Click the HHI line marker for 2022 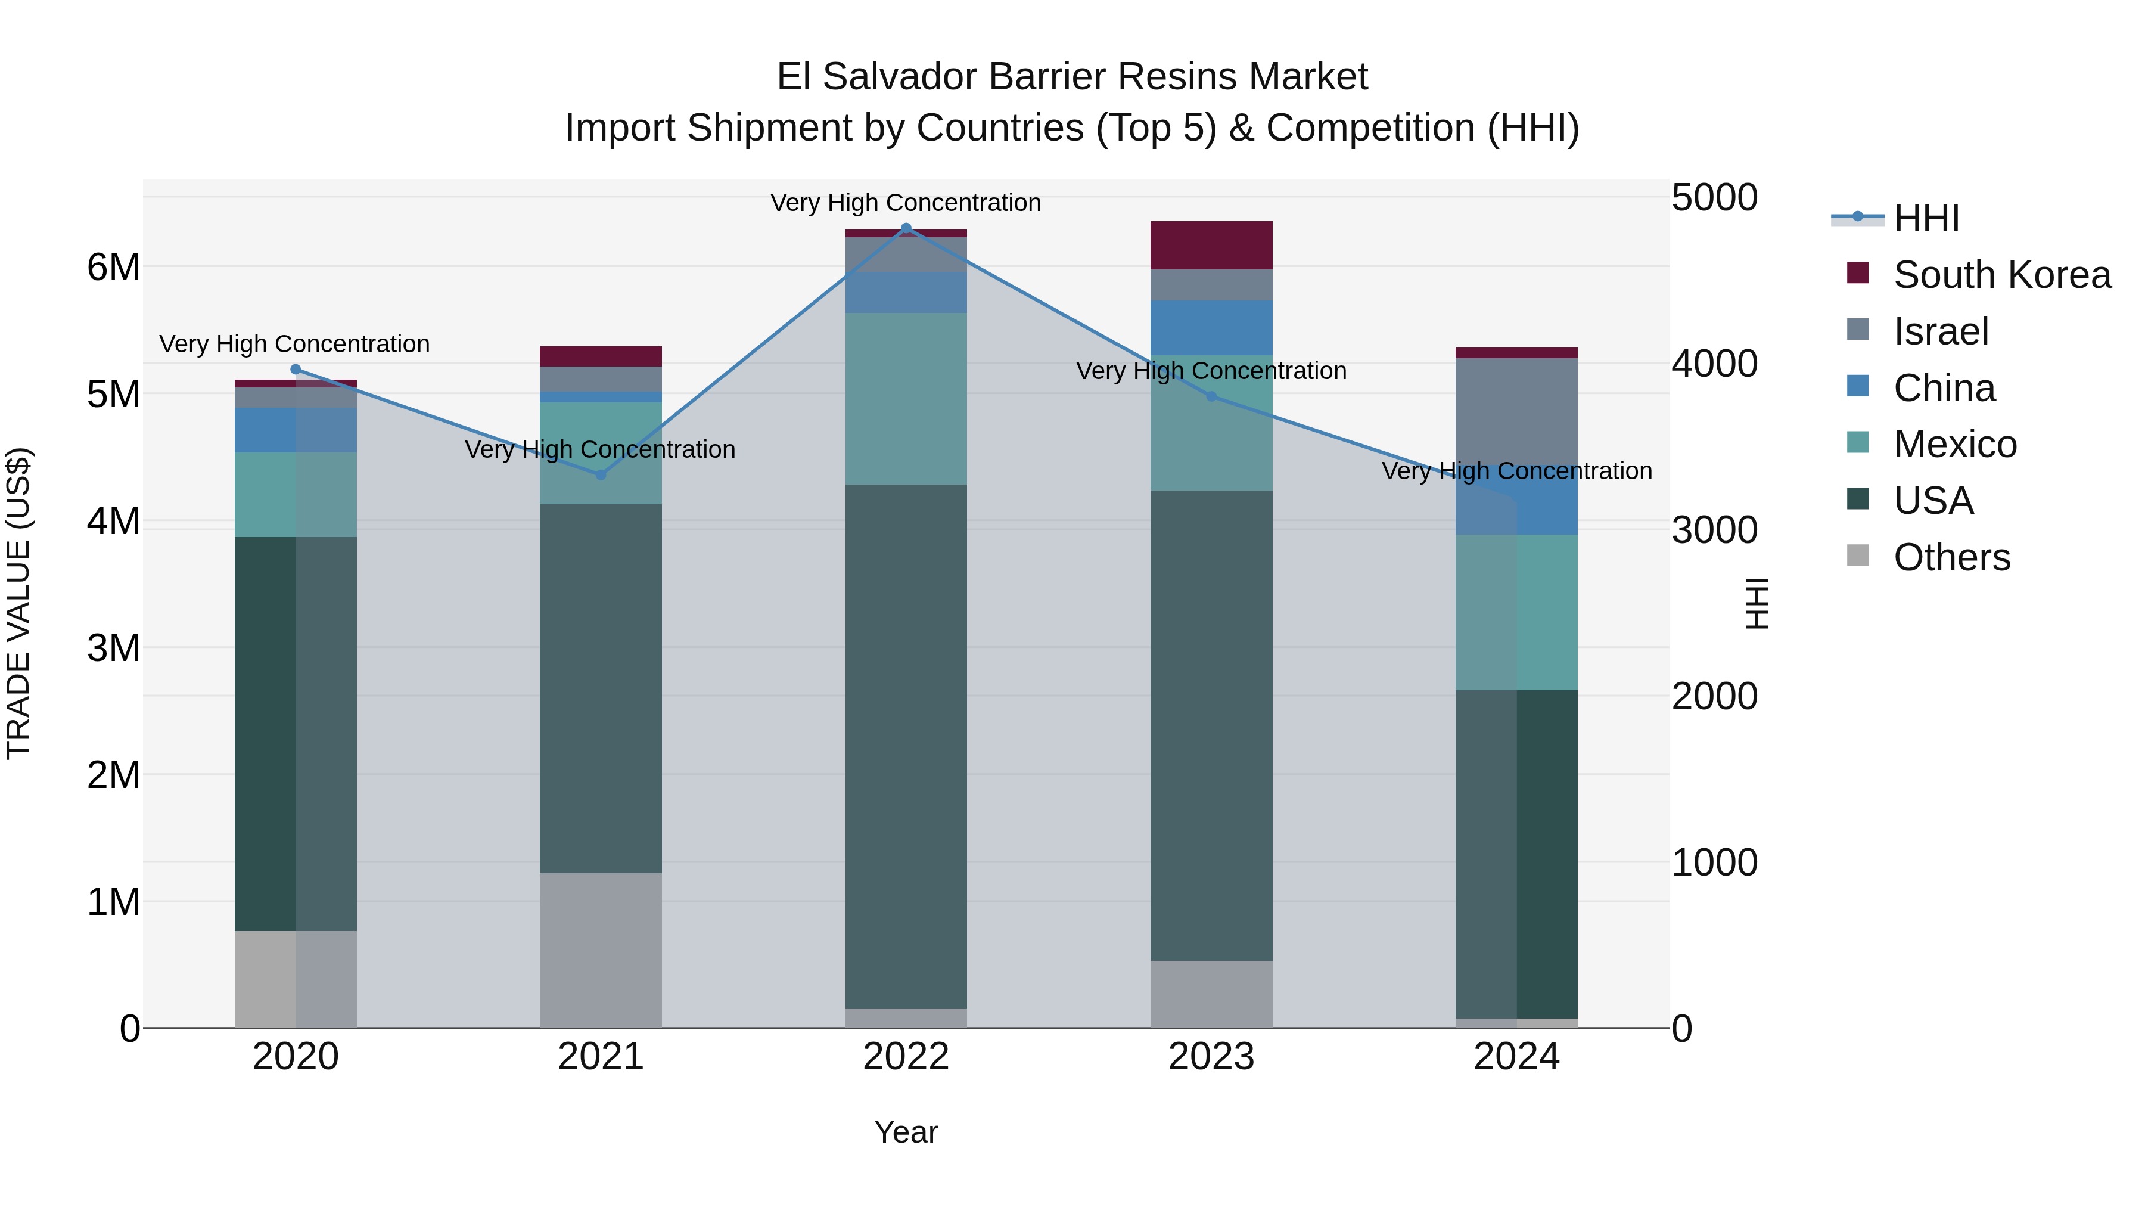[x=906, y=228]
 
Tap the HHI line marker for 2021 [x=601, y=475]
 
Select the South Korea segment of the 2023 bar [x=1211, y=245]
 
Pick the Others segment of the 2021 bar [x=601, y=950]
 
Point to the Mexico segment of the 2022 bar [x=906, y=398]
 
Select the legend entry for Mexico [x=1954, y=444]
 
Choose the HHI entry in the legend [x=1926, y=218]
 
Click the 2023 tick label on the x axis [x=1211, y=1057]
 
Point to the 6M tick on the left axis [x=114, y=268]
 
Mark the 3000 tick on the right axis [x=1714, y=530]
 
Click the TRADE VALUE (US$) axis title [x=18, y=603]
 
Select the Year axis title [x=906, y=1132]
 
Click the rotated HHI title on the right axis [x=1757, y=603]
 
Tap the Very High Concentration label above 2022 [x=905, y=203]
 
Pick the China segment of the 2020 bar [x=296, y=430]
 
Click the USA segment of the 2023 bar [x=1211, y=725]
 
